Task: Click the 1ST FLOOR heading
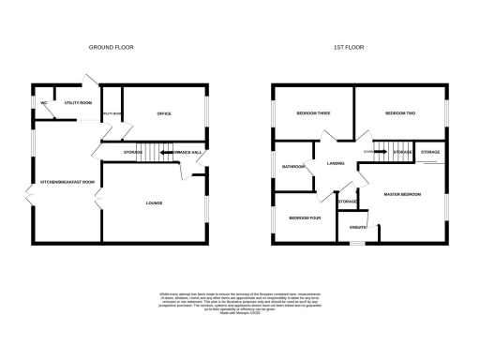349,46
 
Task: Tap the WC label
43,102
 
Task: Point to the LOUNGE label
154,202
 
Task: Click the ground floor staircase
150,151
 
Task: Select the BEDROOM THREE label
312,112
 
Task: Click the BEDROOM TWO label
400,112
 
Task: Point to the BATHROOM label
293,167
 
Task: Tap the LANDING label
336,164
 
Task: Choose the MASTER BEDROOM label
402,194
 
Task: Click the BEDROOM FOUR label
305,217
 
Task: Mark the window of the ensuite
356,242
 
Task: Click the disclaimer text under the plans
241,302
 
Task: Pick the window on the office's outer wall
206,113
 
